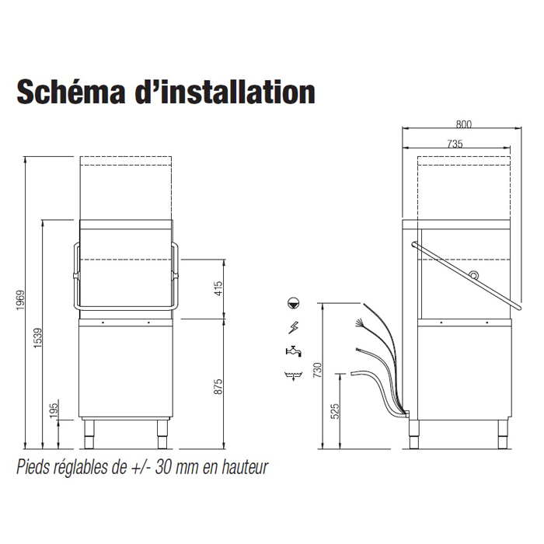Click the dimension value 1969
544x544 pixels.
pyautogui.click(x=20, y=301)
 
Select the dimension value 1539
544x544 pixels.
pyautogui.click(x=37, y=338)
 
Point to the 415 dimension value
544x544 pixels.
pyautogui.click(x=218, y=288)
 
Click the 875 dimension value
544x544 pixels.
pyautogui.click(x=218, y=386)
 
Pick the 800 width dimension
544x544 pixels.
pyautogui.click(x=463, y=124)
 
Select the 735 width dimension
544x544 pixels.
pyautogui.click(x=455, y=144)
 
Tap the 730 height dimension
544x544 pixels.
pyautogui.click(x=317, y=370)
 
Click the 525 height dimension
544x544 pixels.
pyautogui.click(x=335, y=411)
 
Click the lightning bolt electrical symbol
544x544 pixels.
pyautogui.click(x=294, y=327)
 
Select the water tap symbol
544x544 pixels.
pyautogui.click(x=294, y=351)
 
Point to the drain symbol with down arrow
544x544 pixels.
pyautogui.click(x=294, y=375)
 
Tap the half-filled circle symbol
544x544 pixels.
pyautogui.click(x=294, y=303)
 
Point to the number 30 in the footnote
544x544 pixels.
pyautogui.click(x=162, y=467)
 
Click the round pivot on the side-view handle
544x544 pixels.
pyautogui.click(x=473, y=274)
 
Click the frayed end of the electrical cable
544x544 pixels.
pyautogui.click(x=358, y=323)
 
